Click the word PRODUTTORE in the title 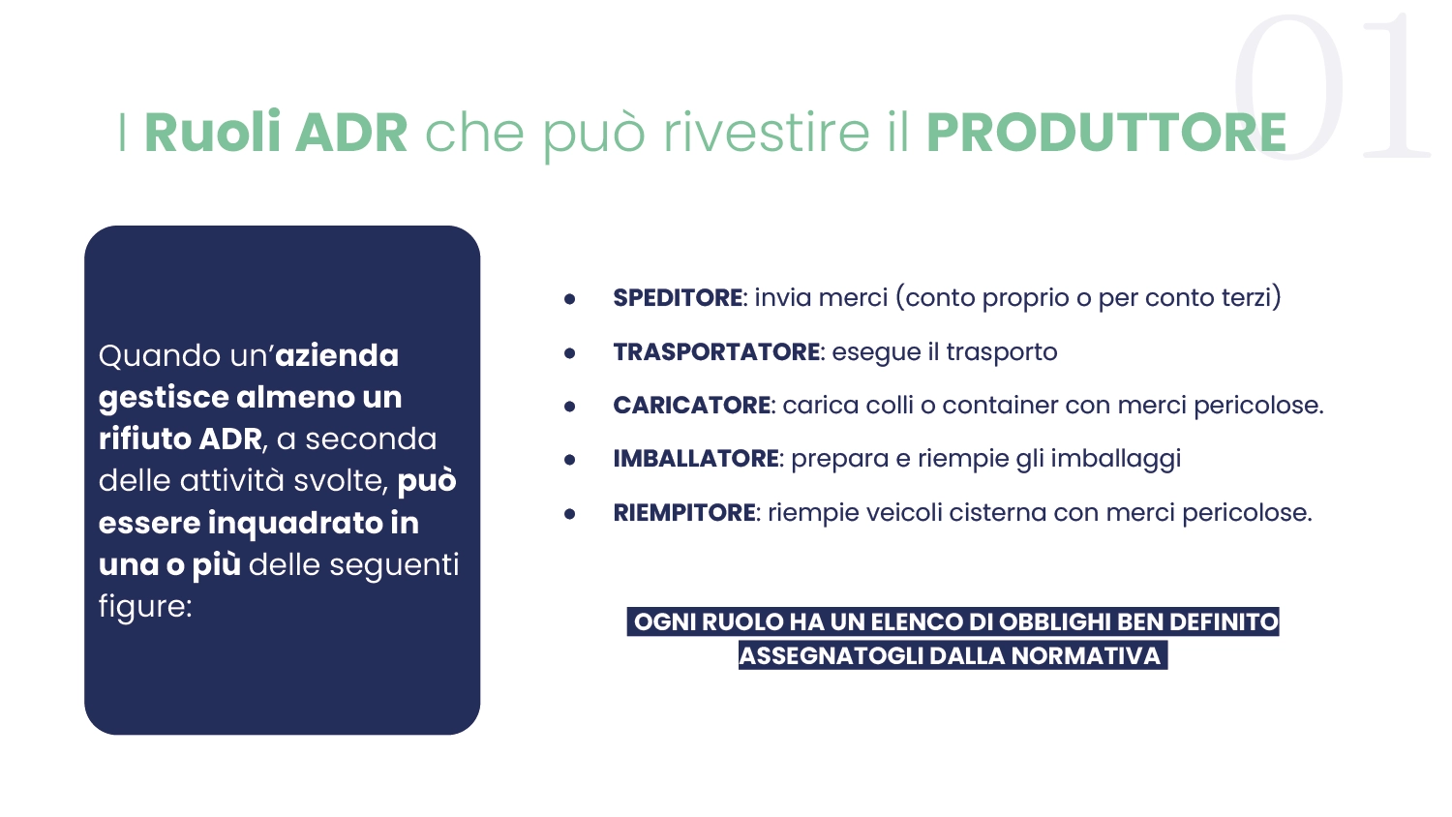1105,133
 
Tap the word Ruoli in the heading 212,132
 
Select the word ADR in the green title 351,133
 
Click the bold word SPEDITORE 678,297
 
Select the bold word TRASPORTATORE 716,352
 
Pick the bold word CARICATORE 692,406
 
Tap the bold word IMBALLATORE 696,459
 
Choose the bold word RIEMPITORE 683,513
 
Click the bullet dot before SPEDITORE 570,299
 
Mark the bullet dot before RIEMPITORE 570,514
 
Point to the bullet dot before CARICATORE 570,407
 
